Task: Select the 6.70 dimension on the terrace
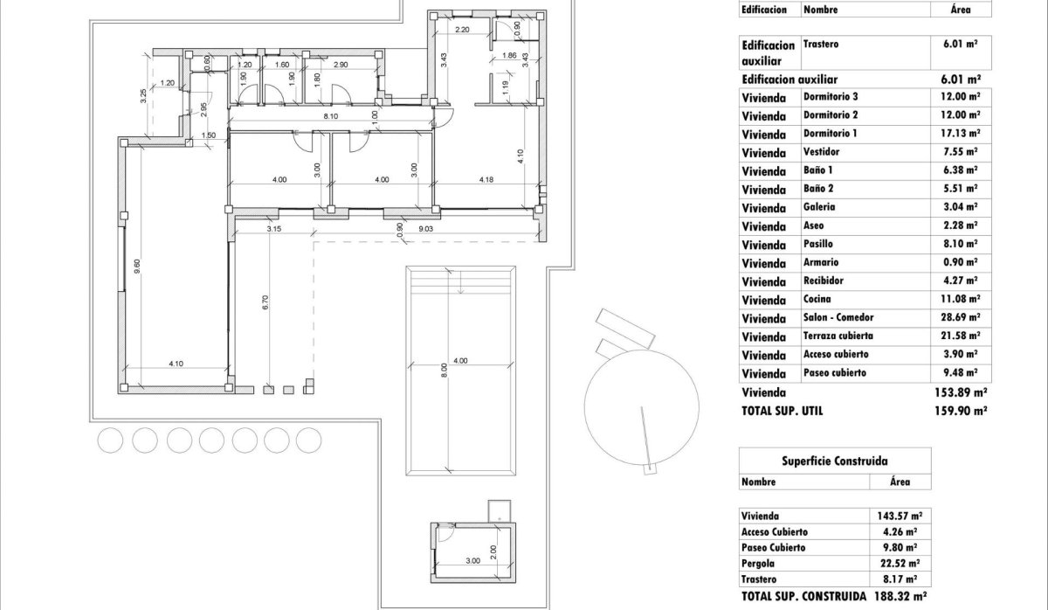coord(265,302)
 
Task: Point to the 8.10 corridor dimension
coord(331,115)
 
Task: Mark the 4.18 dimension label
coord(486,180)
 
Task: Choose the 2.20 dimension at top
coord(463,30)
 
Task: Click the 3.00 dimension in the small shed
coord(472,561)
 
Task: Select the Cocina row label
coord(817,299)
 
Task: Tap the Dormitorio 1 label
coord(830,133)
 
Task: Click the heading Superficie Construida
coord(834,461)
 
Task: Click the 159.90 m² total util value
coord(961,409)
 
